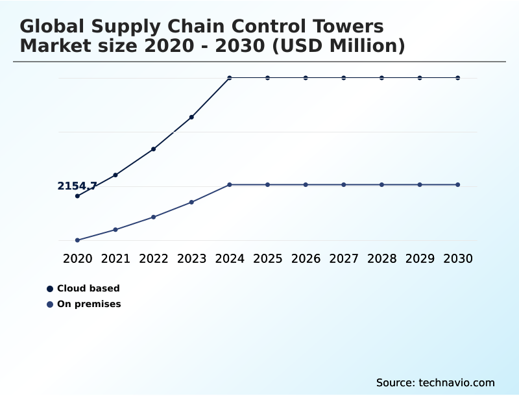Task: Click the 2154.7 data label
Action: (77, 186)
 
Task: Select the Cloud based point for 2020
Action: (77, 196)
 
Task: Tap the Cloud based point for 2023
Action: (191, 117)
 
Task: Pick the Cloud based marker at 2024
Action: (230, 78)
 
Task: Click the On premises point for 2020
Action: (77, 240)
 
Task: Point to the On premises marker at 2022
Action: (154, 217)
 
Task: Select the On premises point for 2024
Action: (230, 185)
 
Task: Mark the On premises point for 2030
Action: (458, 185)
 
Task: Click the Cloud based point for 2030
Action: (458, 78)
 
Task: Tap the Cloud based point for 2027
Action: (344, 78)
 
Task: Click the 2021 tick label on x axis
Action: (115, 258)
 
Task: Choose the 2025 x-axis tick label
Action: (267, 258)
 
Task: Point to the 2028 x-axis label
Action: (381, 258)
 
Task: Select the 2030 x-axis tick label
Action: (458, 258)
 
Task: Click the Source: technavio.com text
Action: (435, 382)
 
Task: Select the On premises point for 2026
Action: (306, 185)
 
